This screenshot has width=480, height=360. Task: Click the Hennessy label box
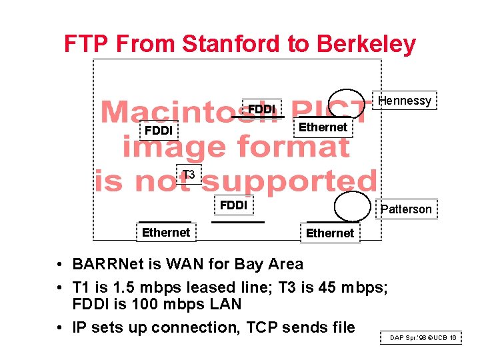[x=405, y=101]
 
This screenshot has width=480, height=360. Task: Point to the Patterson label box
[x=406, y=209]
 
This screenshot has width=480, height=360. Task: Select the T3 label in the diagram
[x=189, y=175]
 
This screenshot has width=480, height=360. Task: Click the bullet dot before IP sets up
[x=61, y=328]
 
